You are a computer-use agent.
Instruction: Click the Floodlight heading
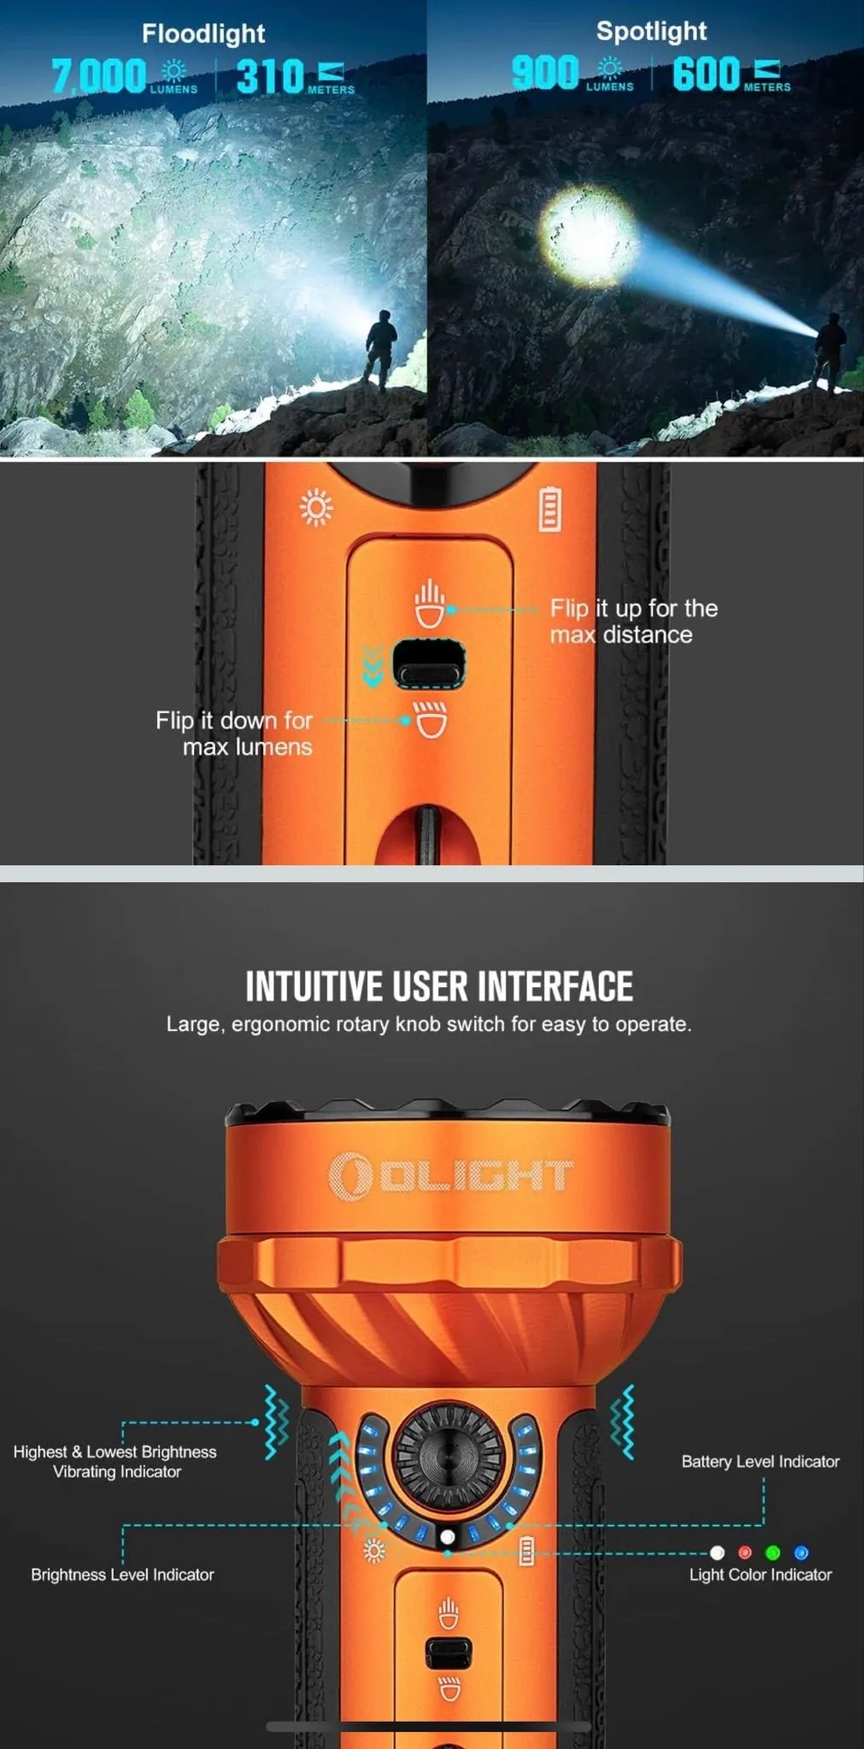[203, 33]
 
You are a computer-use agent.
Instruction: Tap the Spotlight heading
[651, 32]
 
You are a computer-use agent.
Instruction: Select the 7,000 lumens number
[98, 76]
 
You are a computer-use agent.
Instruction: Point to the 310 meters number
[270, 76]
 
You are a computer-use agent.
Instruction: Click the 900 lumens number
[545, 73]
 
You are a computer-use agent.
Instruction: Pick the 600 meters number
[706, 73]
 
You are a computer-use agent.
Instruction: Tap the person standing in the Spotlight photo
[830, 353]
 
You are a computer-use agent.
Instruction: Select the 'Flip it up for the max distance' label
[633, 621]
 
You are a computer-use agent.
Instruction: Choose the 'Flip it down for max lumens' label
[234, 734]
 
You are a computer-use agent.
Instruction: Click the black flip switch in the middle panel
[429, 664]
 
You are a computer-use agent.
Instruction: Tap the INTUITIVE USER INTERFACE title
[439, 986]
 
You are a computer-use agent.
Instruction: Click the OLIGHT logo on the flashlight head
[450, 1176]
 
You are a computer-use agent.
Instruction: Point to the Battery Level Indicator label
[761, 1461]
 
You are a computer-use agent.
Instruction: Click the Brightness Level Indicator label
[122, 1574]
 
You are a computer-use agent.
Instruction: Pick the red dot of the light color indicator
[744, 1553]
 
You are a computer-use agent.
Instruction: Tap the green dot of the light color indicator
[773, 1553]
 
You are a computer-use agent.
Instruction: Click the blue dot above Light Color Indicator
[801, 1553]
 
